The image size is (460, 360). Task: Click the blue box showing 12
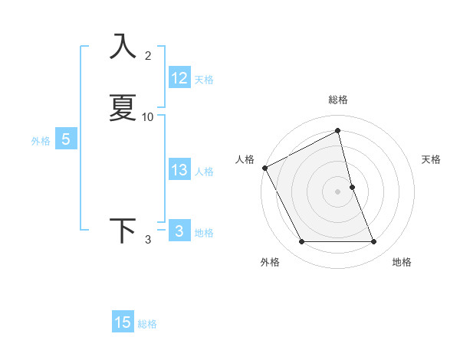click(179, 78)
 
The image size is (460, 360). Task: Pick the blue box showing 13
click(179, 170)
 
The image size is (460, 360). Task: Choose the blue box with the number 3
click(179, 231)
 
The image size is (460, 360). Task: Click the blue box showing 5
click(66, 139)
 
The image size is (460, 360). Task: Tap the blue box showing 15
click(123, 322)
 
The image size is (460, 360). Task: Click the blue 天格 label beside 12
click(204, 80)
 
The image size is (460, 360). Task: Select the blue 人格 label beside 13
click(204, 172)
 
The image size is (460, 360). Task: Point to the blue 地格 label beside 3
click(204, 233)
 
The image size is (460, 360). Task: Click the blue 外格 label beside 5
click(40, 141)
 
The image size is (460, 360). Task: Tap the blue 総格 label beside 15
click(147, 324)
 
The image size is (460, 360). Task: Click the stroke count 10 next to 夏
click(148, 117)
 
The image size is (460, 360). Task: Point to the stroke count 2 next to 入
click(148, 56)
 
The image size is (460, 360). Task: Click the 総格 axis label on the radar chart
click(338, 100)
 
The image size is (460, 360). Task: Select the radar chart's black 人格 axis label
click(245, 159)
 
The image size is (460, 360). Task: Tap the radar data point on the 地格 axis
click(374, 242)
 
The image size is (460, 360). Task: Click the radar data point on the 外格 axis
click(301, 242)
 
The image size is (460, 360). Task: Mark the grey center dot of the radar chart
click(338, 191)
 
